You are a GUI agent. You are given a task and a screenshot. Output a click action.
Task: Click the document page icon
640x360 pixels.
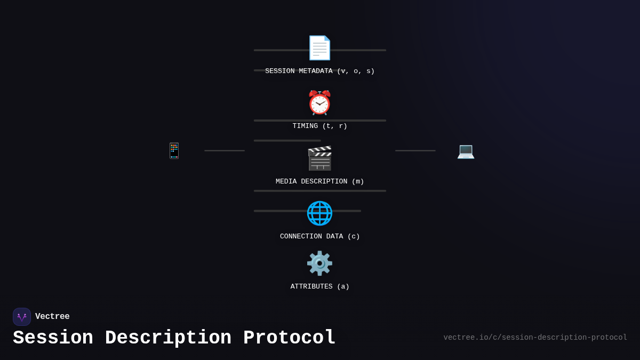click(319, 48)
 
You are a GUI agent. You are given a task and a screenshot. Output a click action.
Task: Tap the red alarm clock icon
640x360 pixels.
click(319, 103)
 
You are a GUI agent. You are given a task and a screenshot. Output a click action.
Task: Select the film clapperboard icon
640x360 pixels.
click(319, 158)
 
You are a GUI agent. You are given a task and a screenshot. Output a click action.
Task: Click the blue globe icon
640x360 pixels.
click(319, 213)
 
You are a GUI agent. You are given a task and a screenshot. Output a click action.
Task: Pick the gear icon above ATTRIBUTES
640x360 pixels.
click(319, 263)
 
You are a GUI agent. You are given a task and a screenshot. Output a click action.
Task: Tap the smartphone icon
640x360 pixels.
click(174, 150)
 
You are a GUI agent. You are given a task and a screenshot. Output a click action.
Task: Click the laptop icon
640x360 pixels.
click(466, 151)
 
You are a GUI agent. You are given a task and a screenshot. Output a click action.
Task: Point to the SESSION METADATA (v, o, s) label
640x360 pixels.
click(319, 71)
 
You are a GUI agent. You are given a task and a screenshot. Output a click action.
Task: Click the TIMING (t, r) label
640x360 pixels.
click(319, 126)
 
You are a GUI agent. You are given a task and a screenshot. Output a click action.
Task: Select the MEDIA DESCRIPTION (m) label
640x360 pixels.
click(319, 181)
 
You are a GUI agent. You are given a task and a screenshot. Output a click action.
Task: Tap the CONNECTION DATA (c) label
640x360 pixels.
click(319, 236)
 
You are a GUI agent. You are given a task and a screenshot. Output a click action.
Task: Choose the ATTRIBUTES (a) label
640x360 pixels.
click(319, 286)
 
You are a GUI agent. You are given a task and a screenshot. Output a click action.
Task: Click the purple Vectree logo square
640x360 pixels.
click(22, 317)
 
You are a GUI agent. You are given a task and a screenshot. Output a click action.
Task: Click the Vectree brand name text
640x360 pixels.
click(52, 317)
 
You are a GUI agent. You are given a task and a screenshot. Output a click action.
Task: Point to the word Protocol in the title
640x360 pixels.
click(289, 338)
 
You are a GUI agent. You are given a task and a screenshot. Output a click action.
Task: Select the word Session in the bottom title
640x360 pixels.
click(53, 338)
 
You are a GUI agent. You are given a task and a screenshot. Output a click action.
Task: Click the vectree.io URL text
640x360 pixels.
click(535, 338)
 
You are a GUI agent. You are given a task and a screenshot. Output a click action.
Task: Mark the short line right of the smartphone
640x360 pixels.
click(225, 150)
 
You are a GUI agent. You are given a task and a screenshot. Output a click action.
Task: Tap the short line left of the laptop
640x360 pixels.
click(415, 150)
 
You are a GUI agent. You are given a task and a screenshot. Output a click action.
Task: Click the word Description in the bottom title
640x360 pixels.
click(168, 338)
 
